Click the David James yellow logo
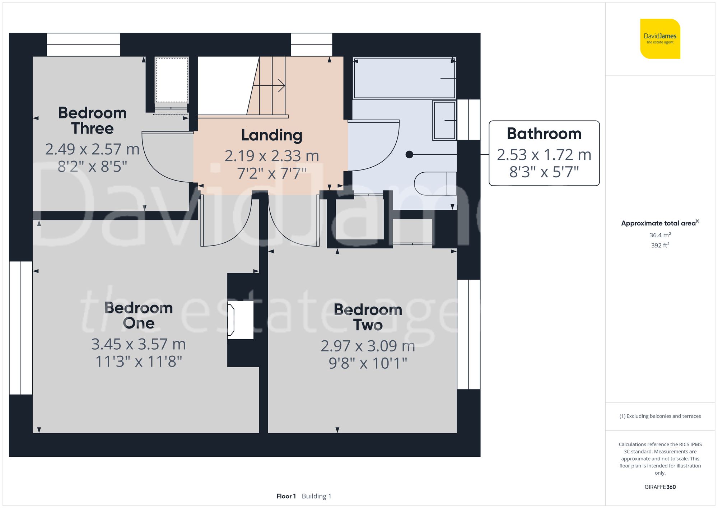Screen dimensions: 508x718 [660, 39]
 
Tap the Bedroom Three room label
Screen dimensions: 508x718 [92, 121]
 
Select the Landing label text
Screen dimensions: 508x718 [271, 135]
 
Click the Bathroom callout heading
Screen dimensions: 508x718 [544, 134]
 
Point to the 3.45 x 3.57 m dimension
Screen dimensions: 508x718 [138, 344]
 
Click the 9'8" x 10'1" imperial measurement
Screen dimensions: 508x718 [368, 363]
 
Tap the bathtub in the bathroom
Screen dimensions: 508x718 [404, 78]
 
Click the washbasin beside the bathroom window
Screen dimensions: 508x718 [444, 120]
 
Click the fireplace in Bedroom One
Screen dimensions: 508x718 [241, 320]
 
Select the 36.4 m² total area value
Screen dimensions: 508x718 [660, 235]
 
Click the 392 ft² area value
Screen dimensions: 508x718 [660, 245]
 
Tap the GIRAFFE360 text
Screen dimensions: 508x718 [660, 487]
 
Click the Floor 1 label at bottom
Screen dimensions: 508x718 [286, 496]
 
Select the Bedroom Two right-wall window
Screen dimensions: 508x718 [468, 334]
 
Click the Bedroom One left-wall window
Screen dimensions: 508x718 [21, 328]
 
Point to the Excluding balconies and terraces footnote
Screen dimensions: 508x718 [660, 416]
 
